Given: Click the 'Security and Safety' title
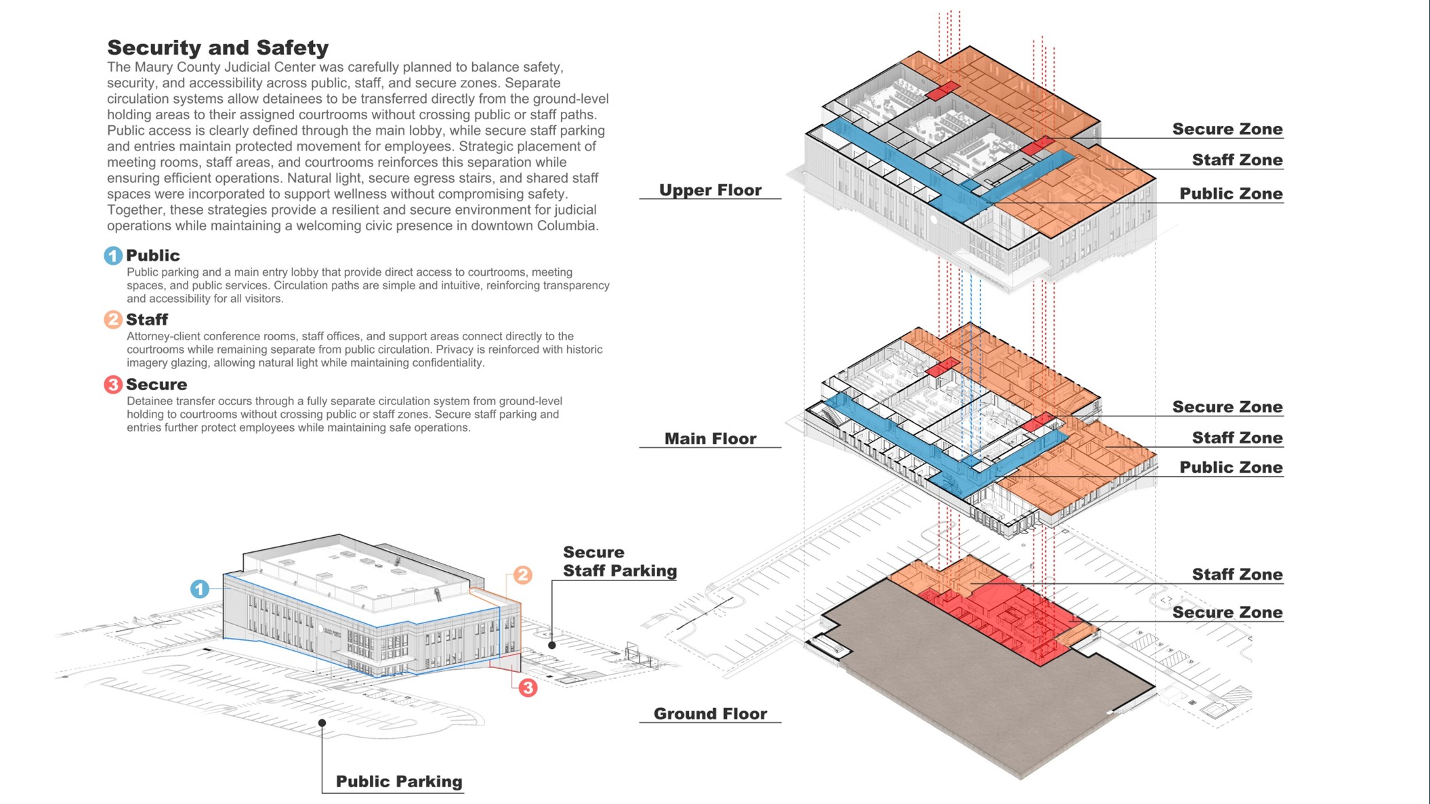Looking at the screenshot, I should (217, 47).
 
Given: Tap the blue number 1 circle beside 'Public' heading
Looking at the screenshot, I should (112, 255).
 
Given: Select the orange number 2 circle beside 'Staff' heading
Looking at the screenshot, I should (112, 319).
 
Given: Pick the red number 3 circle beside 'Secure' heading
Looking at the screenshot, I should (112, 384).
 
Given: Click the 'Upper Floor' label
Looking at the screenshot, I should (710, 190).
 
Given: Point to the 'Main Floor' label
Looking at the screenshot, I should (710, 438).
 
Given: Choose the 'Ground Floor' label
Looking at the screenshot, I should (710, 713).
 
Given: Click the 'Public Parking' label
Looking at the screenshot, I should (399, 781).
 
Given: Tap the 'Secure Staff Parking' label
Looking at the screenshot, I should (619, 562).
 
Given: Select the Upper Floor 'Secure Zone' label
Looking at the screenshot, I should (1227, 129).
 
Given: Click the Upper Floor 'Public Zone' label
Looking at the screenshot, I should (1230, 194).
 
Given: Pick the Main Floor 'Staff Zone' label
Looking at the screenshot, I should (1237, 438).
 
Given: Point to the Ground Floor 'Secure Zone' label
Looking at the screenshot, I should (1227, 612).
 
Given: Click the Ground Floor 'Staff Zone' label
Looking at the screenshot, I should (1237, 574).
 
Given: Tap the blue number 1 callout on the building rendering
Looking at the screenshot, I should (199, 589).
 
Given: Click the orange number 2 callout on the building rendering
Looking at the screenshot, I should (522, 575).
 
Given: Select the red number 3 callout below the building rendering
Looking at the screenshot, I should (528, 687).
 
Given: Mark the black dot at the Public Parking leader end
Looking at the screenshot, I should (322, 723).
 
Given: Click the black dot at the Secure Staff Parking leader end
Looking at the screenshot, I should (552, 645).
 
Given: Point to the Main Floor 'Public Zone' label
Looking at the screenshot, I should (1230, 467).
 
